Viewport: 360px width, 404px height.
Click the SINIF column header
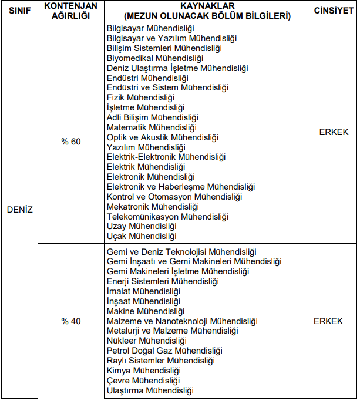19,11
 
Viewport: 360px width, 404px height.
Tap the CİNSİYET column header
334,11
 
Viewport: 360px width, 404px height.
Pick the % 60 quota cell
71,142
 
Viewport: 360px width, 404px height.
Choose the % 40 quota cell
71,321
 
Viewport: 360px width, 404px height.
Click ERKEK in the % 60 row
334,132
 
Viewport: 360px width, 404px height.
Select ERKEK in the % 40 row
328,321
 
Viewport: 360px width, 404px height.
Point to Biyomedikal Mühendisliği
154,58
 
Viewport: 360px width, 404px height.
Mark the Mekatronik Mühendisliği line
153,207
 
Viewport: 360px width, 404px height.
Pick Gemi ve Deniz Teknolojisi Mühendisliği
181,251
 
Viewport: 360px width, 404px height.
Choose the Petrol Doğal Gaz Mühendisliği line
164,351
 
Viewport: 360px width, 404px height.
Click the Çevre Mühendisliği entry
142,381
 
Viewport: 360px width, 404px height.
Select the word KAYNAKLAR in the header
200,6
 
